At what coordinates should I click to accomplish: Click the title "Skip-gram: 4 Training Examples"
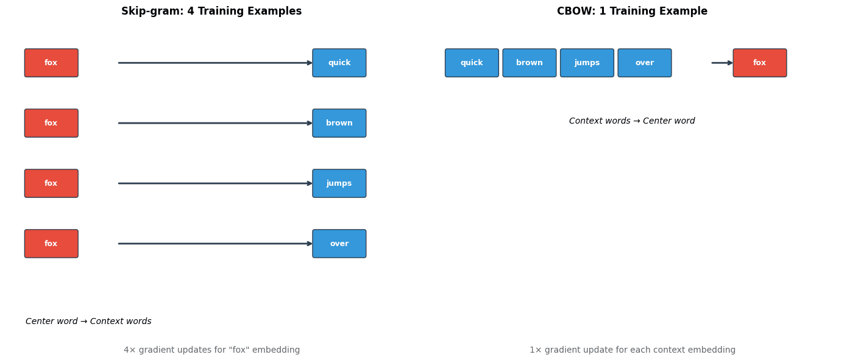pyautogui.click(x=211, y=12)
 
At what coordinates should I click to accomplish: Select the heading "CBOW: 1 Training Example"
pyautogui.click(x=632, y=12)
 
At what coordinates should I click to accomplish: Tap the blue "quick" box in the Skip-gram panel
pyautogui.click(x=339, y=63)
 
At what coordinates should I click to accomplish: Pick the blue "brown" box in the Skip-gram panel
pyautogui.click(x=339, y=123)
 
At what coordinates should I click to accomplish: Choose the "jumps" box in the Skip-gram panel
pyautogui.click(x=339, y=183)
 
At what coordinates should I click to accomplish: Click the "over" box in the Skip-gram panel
pyautogui.click(x=339, y=244)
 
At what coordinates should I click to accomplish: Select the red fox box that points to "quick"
pyautogui.click(x=51, y=63)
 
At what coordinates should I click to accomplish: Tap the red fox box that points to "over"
pyautogui.click(x=51, y=244)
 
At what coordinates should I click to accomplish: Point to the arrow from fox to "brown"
pyautogui.click(x=213, y=123)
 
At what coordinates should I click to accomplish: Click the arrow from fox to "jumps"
pyautogui.click(x=213, y=183)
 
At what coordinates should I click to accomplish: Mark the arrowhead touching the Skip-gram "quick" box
pyautogui.click(x=310, y=63)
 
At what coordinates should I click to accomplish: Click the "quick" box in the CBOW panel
pyautogui.click(x=472, y=63)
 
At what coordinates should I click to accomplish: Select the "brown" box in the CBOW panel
pyautogui.click(x=529, y=63)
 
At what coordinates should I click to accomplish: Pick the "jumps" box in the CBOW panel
pyautogui.click(x=587, y=63)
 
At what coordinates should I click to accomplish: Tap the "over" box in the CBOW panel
pyautogui.click(x=644, y=63)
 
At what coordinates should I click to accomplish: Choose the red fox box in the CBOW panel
pyautogui.click(x=759, y=63)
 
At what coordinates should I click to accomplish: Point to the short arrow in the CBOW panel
pyautogui.click(x=722, y=63)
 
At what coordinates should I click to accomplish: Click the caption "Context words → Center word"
pyautogui.click(x=632, y=121)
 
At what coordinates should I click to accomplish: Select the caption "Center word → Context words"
pyautogui.click(x=88, y=322)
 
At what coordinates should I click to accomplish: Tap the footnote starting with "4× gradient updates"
pyautogui.click(x=211, y=350)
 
